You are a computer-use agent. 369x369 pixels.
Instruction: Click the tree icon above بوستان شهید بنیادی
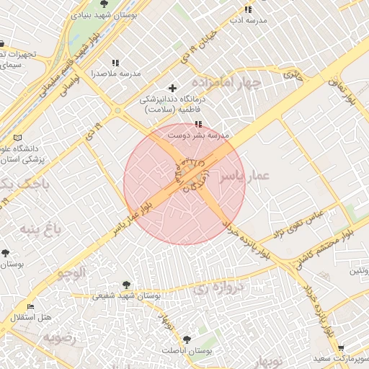click(105, 4)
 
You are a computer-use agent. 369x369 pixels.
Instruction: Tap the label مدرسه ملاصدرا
click(115, 74)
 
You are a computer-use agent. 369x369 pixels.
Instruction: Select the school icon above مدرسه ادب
click(249, 9)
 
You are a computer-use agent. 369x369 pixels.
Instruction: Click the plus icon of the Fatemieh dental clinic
click(172, 88)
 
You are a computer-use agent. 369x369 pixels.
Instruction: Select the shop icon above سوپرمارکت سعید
click(341, 347)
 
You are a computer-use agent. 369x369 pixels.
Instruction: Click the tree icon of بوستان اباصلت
click(187, 338)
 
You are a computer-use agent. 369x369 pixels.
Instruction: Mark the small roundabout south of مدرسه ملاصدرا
click(117, 110)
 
